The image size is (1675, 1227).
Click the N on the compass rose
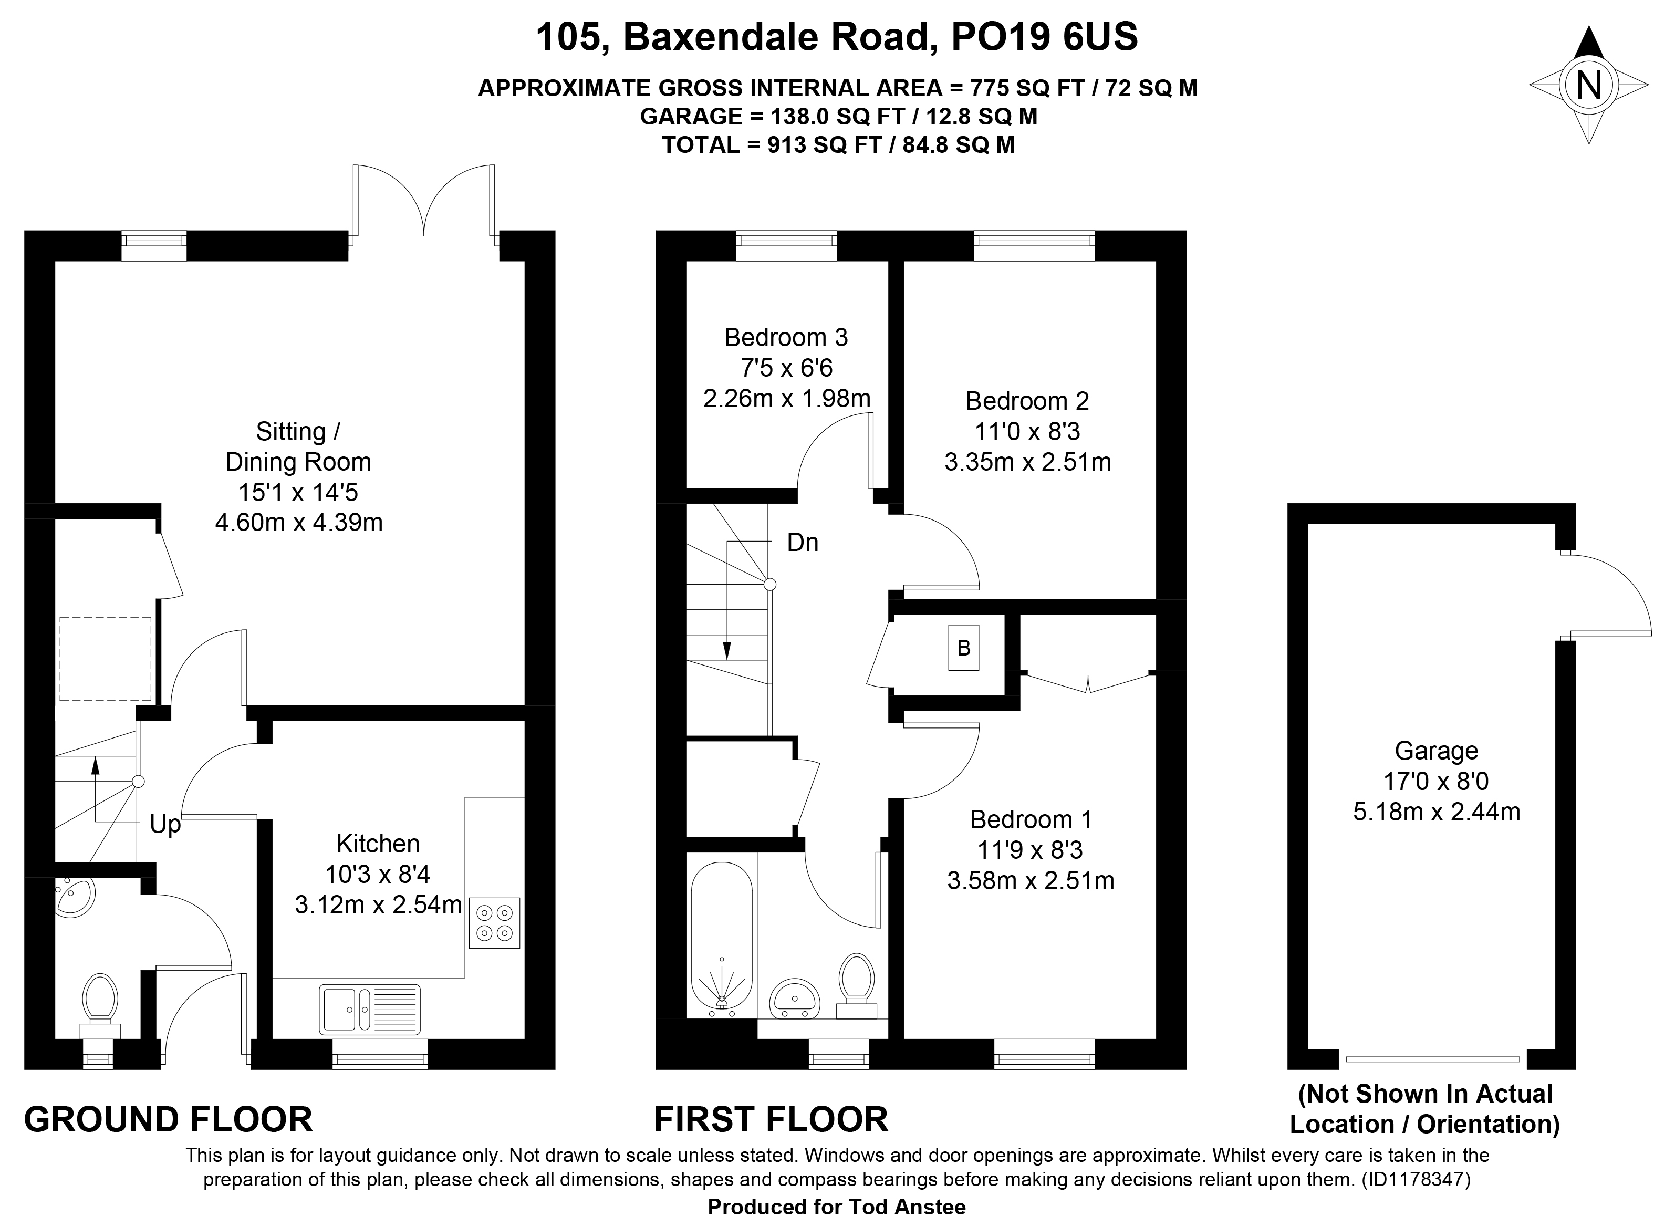pyautogui.click(x=1589, y=86)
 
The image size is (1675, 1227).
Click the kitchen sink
pyautogui.click(x=370, y=1010)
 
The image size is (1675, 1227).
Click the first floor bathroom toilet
pyautogui.click(x=857, y=985)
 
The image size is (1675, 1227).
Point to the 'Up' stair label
pyautogui.click(x=165, y=825)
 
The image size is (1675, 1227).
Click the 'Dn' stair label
pyautogui.click(x=802, y=543)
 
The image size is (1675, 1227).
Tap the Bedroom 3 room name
pyautogui.click(x=786, y=338)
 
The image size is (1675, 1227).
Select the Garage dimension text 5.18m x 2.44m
pyautogui.click(x=1437, y=812)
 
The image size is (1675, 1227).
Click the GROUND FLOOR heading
pyautogui.click(x=169, y=1119)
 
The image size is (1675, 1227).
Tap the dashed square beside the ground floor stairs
pyautogui.click(x=106, y=659)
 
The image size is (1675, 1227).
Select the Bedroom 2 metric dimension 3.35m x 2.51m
pyautogui.click(x=1028, y=463)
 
